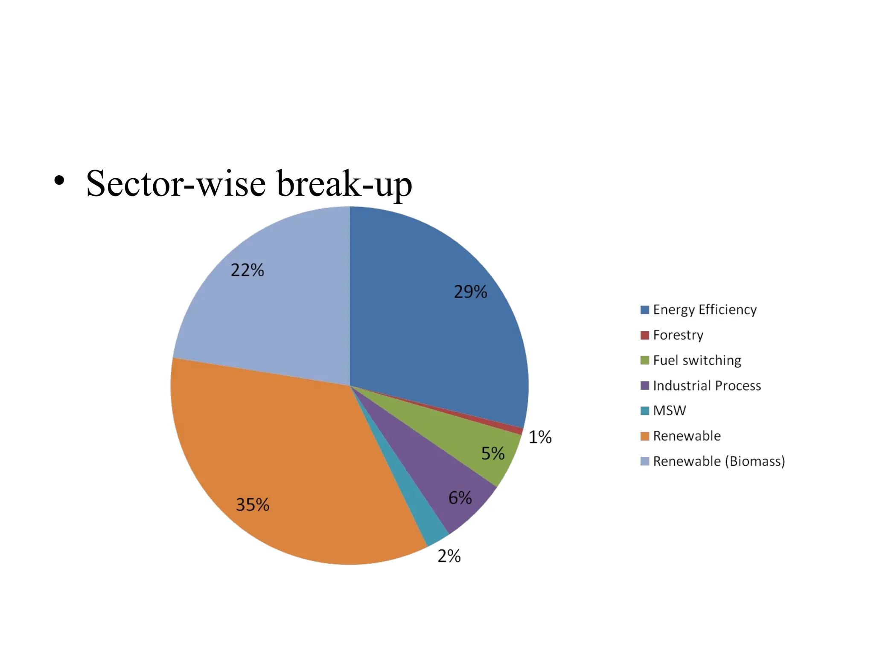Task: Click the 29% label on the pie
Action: [x=470, y=292]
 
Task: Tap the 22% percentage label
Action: [x=247, y=270]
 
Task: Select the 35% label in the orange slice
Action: [x=253, y=505]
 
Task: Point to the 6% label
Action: [x=460, y=498]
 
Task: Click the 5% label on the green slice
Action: [x=493, y=453]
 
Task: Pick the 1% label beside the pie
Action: [x=540, y=437]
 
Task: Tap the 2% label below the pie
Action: [x=449, y=556]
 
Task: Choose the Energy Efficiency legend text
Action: [x=705, y=310]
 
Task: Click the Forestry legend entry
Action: [x=678, y=335]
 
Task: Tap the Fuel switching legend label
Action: [x=697, y=360]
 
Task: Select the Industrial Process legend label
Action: [x=707, y=385]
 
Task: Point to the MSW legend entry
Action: [x=669, y=411]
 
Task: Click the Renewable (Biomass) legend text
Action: [x=719, y=461]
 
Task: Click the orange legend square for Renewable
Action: [x=644, y=436]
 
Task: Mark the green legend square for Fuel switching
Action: [x=644, y=360]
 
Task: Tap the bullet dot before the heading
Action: [x=59, y=181]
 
